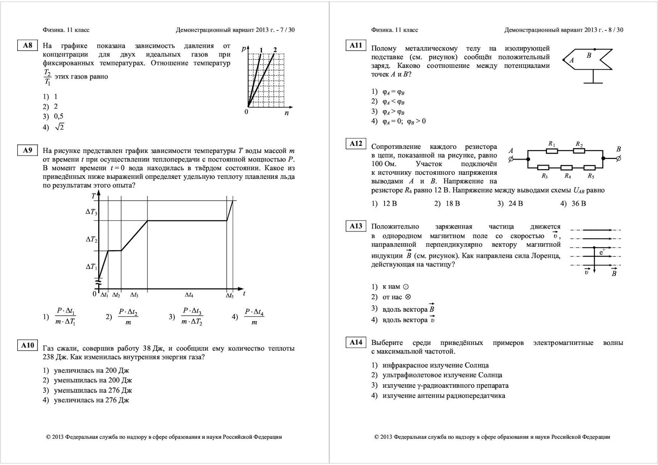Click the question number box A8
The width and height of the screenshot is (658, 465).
pyautogui.click(x=28, y=46)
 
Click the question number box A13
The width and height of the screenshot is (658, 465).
pyautogui.click(x=356, y=226)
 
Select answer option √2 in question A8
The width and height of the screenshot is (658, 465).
pyautogui.click(x=59, y=127)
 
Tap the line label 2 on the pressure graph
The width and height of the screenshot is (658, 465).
pyautogui.click(x=275, y=50)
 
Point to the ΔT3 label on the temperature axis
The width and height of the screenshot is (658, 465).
pyautogui.click(x=91, y=212)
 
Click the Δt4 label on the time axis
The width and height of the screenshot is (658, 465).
pyautogui.click(x=189, y=295)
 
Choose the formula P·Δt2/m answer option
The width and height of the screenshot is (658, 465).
pyautogui.click(x=128, y=317)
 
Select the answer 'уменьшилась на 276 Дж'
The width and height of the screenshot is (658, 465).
pyautogui.click(x=93, y=390)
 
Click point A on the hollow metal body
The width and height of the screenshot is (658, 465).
pyautogui.click(x=572, y=60)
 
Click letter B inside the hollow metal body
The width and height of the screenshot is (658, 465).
pyautogui.click(x=589, y=56)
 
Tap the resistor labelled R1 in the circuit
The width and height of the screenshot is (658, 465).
pyautogui.click(x=552, y=150)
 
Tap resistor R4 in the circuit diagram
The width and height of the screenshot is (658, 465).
pyautogui.click(x=567, y=167)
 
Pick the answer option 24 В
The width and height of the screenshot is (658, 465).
pyautogui.click(x=515, y=204)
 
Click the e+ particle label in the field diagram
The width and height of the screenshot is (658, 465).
pyautogui.click(x=602, y=252)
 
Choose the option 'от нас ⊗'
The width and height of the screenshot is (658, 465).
pyautogui.click(x=396, y=297)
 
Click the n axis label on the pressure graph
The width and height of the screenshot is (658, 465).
pyautogui.click(x=287, y=113)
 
